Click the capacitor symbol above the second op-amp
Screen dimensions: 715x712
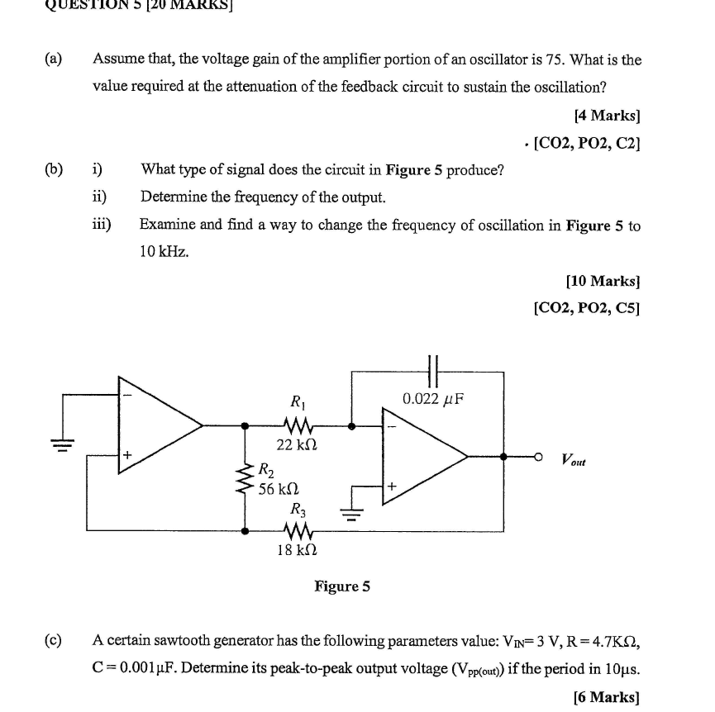(x=433, y=371)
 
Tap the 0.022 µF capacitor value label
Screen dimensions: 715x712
(x=433, y=399)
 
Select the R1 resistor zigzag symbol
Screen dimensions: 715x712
(x=298, y=426)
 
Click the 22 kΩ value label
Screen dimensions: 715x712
(x=297, y=444)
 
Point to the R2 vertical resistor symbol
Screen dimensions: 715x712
(x=245, y=478)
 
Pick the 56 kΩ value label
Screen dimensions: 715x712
(x=279, y=489)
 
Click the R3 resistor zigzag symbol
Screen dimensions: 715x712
(x=298, y=531)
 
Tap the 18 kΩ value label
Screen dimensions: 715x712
(x=297, y=550)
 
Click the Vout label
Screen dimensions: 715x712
(x=574, y=459)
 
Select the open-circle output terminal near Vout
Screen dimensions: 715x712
(x=538, y=457)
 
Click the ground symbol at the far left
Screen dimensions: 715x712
(x=63, y=444)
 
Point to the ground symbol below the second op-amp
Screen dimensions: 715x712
(x=351, y=515)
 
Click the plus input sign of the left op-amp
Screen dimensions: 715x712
(x=127, y=454)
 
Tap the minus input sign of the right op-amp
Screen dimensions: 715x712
(x=392, y=426)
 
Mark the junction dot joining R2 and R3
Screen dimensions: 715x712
(x=245, y=531)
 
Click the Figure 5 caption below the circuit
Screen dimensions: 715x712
(x=342, y=586)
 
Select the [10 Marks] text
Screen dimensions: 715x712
(x=603, y=281)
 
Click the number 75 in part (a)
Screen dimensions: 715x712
(x=555, y=59)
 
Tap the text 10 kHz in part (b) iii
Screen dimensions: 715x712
(x=164, y=251)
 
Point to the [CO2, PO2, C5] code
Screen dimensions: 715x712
(x=587, y=308)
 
